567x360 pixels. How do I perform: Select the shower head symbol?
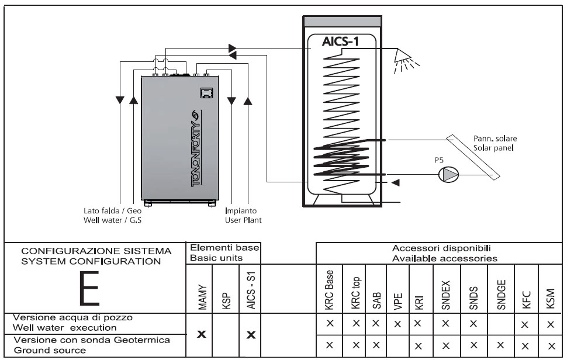pos(403,56)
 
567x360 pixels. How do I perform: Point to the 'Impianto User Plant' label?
pos(243,216)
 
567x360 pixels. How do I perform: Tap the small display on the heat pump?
pos(205,92)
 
